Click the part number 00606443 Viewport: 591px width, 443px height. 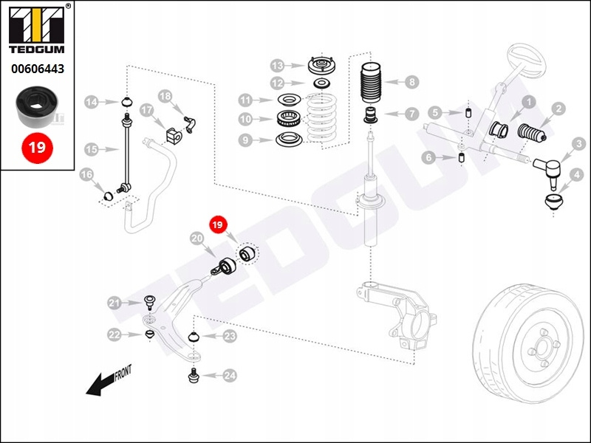[37, 70]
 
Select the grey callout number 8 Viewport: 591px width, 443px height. [411, 83]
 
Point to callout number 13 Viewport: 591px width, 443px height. [277, 64]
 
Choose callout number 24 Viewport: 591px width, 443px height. [230, 376]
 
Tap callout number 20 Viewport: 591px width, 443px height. [197, 238]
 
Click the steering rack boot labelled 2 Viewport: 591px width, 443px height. [530, 134]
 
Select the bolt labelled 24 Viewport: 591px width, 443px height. [194, 376]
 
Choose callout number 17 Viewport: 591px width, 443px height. [146, 110]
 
